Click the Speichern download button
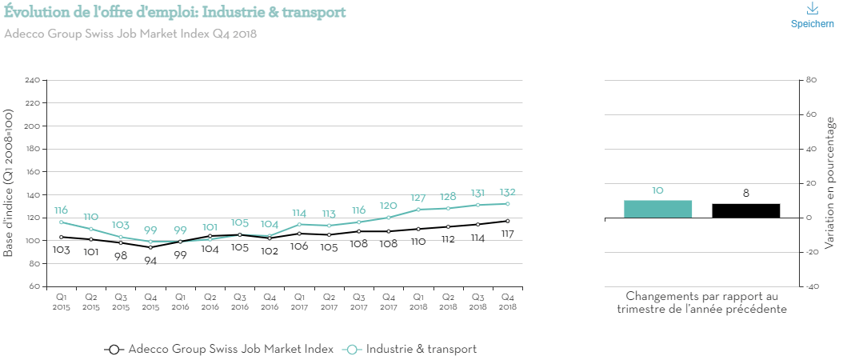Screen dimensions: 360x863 (x=812, y=15)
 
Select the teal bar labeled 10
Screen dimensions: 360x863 (x=657, y=209)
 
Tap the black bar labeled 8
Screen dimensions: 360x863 (x=745, y=210)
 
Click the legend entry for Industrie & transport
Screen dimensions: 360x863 (x=410, y=349)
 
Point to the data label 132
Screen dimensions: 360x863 (x=507, y=192)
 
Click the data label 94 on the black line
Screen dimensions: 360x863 (x=150, y=260)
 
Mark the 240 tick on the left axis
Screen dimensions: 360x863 (x=33, y=81)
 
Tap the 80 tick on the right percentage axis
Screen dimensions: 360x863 (x=810, y=81)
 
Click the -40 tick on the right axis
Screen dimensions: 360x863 (x=810, y=286)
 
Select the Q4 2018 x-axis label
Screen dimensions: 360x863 (x=507, y=302)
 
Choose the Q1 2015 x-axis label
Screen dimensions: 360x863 (x=61, y=302)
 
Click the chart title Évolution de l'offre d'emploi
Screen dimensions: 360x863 (x=174, y=12)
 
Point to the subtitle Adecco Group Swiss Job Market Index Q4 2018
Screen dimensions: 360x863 (x=130, y=34)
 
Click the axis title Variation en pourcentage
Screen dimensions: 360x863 (x=830, y=182)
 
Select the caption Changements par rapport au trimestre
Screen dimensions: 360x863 (x=701, y=302)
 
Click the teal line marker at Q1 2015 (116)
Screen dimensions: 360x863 (x=61, y=222)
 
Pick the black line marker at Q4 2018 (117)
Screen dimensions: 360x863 (x=507, y=221)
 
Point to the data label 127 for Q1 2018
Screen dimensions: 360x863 (x=418, y=198)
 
